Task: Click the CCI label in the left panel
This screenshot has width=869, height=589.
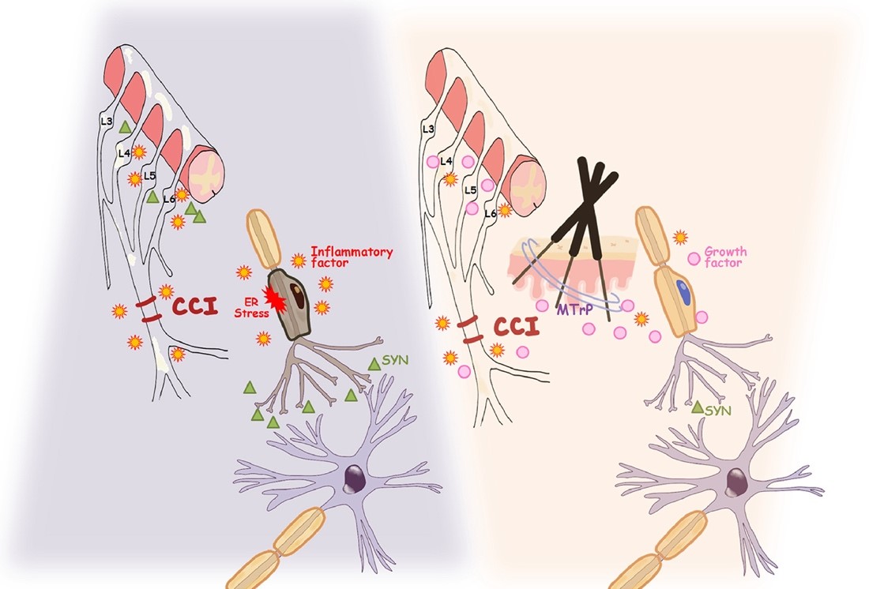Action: (189, 306)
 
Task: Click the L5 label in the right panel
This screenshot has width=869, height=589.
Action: (469, 190)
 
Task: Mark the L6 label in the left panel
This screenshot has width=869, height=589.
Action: (167, 199)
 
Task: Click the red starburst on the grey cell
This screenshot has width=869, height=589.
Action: (279, 298)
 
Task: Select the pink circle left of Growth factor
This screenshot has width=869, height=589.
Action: (695, 257)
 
